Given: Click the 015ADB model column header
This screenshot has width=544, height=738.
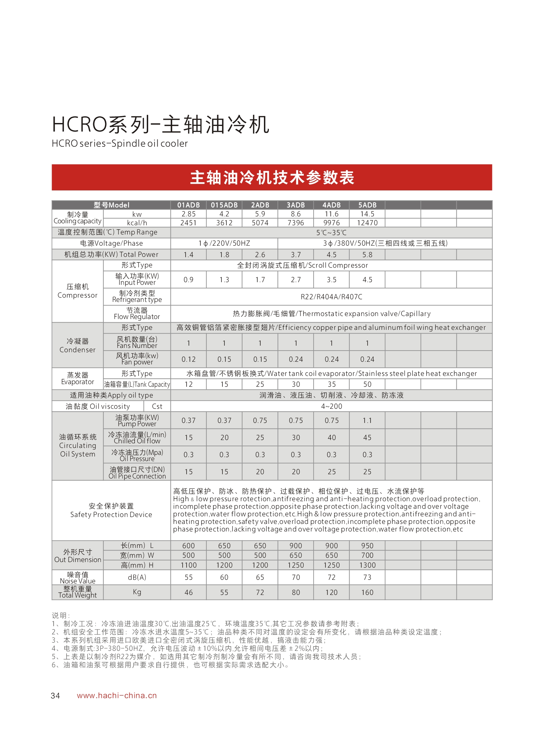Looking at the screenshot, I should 224,205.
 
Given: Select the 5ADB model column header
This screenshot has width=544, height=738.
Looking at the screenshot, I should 367,205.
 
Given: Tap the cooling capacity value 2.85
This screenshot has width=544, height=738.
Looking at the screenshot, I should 188,214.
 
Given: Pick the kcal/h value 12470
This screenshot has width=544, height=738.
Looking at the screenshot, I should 367,223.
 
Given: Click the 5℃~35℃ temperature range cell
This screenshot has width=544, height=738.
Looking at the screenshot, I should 331,233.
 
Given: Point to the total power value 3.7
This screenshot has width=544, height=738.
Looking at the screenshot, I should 296,255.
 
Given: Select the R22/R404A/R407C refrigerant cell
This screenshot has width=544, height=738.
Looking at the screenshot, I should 331,297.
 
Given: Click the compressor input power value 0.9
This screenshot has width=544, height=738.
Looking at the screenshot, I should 188,280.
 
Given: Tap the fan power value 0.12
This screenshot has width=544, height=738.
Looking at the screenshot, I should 188,359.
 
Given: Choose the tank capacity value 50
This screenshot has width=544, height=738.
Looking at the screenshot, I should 367,384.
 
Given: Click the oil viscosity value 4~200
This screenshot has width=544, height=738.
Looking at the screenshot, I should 331,406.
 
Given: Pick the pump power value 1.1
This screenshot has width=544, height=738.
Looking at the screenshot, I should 367,421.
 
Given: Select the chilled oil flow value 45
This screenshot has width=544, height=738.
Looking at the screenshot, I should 367,438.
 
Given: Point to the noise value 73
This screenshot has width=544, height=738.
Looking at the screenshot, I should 367,578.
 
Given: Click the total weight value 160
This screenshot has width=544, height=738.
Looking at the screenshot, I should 367,593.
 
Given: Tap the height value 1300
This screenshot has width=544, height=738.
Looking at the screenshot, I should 367,565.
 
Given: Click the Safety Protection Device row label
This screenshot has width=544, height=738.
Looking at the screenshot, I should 111,510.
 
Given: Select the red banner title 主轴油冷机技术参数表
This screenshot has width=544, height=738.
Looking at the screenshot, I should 272,178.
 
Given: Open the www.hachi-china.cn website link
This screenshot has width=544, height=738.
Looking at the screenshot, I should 117,696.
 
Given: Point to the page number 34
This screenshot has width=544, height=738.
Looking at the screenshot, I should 55,696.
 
